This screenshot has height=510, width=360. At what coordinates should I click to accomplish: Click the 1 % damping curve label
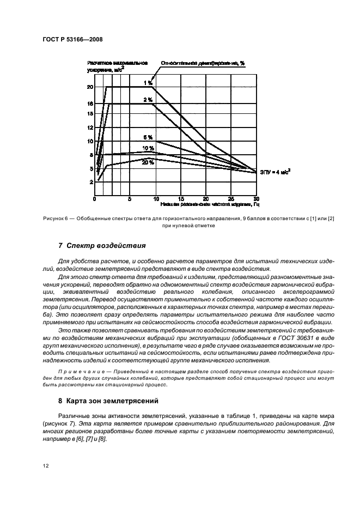pyautogui.click(x=148, y=83)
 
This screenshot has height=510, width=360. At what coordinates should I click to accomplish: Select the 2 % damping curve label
pyautogui.click(x=148, y=100)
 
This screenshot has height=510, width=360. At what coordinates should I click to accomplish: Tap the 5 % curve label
pyautogui.click(x=148, y=137)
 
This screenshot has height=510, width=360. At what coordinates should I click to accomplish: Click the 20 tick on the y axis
pyautogui.click(x=90, y=87)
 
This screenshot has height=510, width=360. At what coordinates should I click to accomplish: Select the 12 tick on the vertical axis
pyautogui.click(x=90, y=127)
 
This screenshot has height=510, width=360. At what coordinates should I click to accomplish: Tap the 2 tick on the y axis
pyautogui.click(x=91, y=183)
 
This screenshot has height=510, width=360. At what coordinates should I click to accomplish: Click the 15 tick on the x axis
pyautogui.click(x=181, y=199)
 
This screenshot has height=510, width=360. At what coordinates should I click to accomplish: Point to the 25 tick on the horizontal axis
pyautogui.click(x=231, y=199)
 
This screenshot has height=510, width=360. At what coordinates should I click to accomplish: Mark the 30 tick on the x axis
pyautogui.click(x=256, y=199)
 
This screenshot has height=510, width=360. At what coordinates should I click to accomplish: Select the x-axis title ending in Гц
pyautogui.click(x=210, y=205)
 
